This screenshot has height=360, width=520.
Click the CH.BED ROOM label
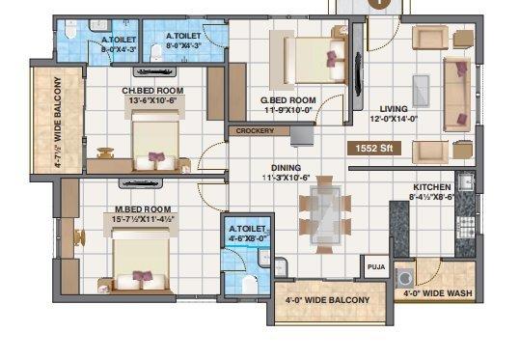(x=152, y=91)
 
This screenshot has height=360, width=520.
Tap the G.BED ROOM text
(x=289, y=99)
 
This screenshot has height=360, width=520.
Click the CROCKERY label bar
(x=256, y=130)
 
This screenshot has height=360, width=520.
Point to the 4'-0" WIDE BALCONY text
(x=327, y=301)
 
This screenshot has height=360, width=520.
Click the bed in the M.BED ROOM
(x=143, y=263)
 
